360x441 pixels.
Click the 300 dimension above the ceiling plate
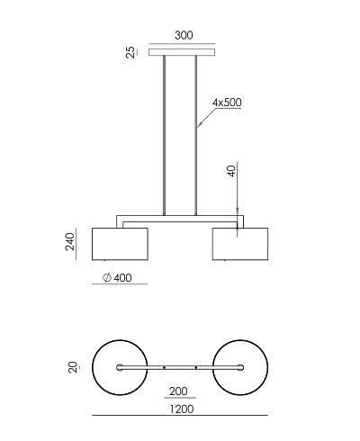click(184, 35)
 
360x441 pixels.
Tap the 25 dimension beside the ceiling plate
click(130, 52)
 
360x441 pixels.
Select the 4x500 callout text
click(227, 103)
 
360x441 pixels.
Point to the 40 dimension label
click(232, 171)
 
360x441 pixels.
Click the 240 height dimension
click(70, 241)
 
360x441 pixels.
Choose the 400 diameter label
click(122, 278)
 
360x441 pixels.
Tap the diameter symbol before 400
click(107, 277)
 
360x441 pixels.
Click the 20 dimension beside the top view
click(73, 367)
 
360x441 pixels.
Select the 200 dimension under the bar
click(178, 391)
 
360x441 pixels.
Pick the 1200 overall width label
click(182, 409)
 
